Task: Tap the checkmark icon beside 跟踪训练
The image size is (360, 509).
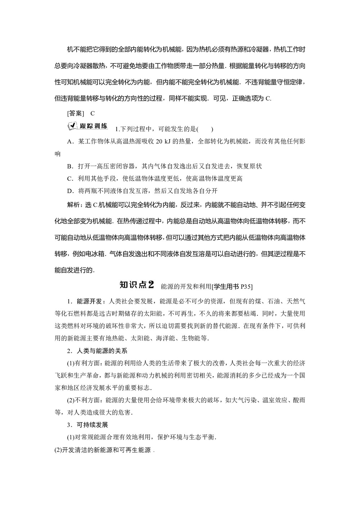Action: pos(72,126)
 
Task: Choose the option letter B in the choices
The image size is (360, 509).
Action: pos(70,166)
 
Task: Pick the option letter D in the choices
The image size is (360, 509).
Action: pos(70,190)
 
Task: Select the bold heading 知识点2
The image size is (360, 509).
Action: pos(136,275)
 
